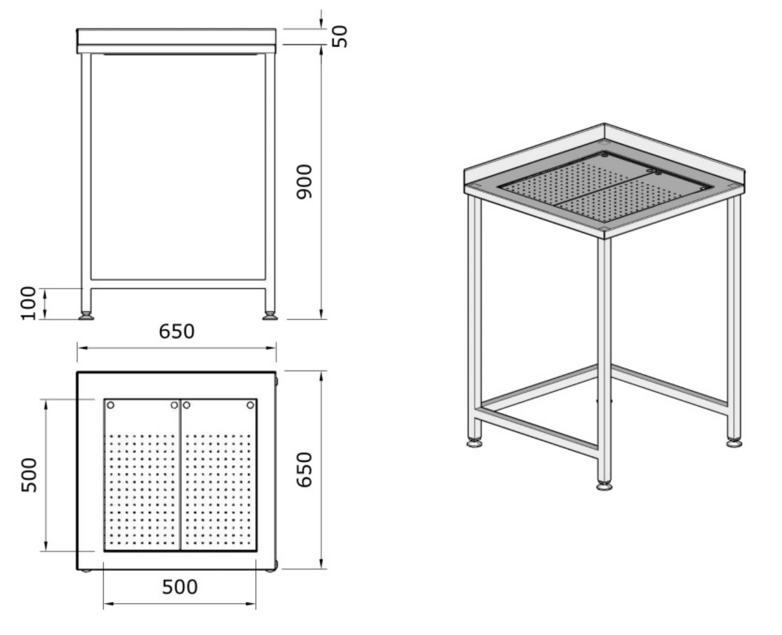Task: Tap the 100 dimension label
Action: (29, 303)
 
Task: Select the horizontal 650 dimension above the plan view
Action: (176, 332)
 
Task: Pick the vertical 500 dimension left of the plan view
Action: (29, 475)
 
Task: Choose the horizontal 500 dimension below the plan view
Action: (179, 587)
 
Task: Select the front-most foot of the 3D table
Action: (604, 486)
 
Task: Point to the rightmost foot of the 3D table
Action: (734, 443)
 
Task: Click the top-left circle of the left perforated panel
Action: (111, 405)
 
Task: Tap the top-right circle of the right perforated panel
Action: (250, 405)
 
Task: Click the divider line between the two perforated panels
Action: (181, 475)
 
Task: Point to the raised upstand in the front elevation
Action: (176, 36)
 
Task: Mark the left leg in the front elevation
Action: (86, 176)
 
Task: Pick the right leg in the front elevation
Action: (270, 176)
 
